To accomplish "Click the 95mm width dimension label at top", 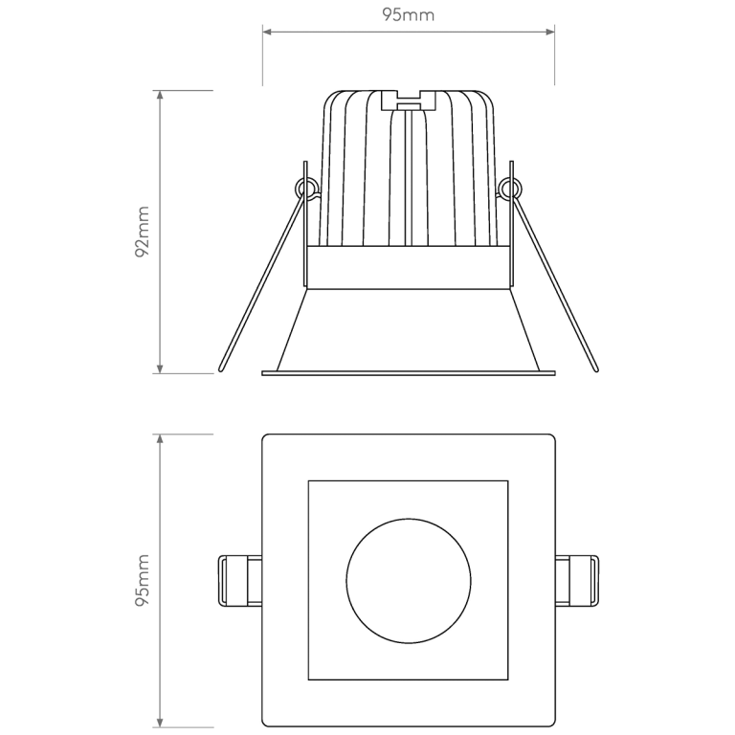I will point(409,14).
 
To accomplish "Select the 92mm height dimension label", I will point(143,233).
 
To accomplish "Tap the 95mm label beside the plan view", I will point(143,581).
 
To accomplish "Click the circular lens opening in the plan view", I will point(409,580).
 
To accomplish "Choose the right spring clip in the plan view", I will point(577,580).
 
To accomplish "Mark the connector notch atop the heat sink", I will point(409,99).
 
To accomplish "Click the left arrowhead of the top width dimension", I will point(268,33).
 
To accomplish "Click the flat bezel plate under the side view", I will point(409,373).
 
